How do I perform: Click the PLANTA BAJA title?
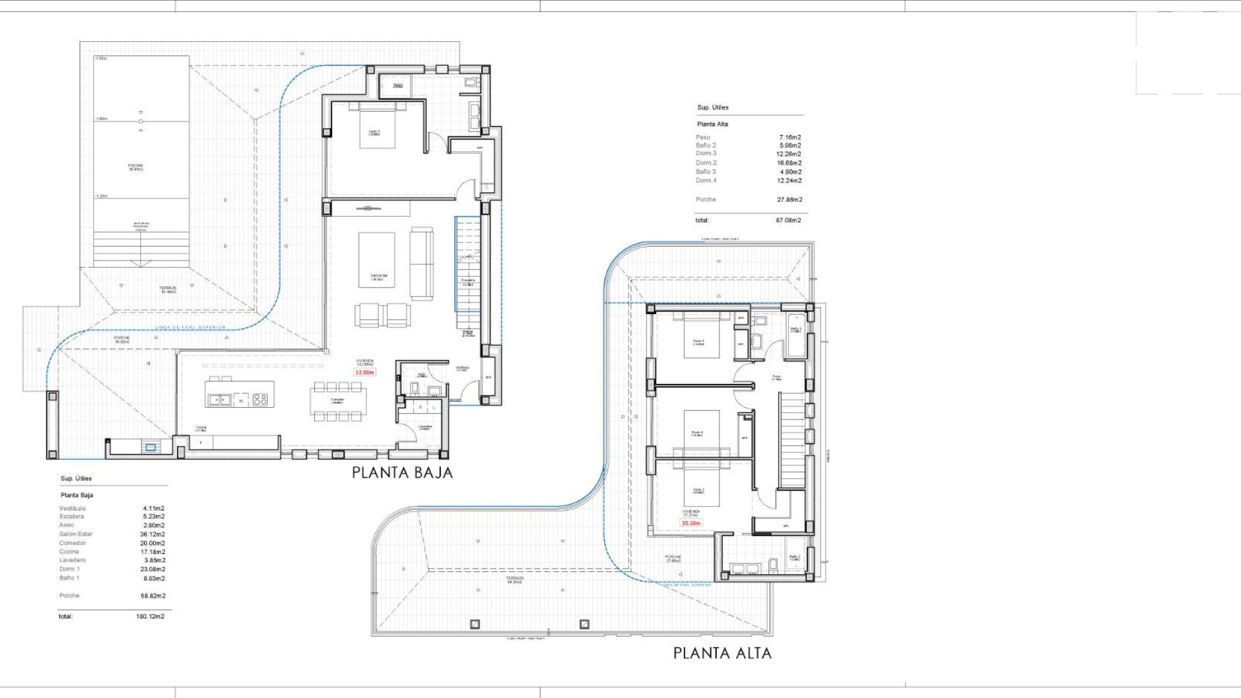(402, 472)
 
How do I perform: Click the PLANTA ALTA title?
(722, 653)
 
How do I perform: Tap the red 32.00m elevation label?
(364, 372)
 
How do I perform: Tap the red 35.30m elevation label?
(691, 523)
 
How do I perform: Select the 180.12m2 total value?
(150, 617)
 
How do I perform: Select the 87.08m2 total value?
(788, 220)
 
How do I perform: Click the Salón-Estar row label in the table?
(76, 534)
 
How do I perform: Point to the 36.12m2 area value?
(153, 534)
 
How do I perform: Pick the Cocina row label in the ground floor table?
(69, 552)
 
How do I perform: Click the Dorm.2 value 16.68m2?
(789, 163)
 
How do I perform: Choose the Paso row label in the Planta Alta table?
(703, 137)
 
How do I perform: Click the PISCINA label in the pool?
(136, 167)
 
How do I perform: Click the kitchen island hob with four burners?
(260, 399)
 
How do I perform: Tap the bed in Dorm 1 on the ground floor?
(377, 126)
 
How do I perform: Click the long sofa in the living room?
(421, 263)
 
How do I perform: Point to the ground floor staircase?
(468, 271)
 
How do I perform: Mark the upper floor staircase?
(792, 439)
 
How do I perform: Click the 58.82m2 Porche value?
(153, 596)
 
